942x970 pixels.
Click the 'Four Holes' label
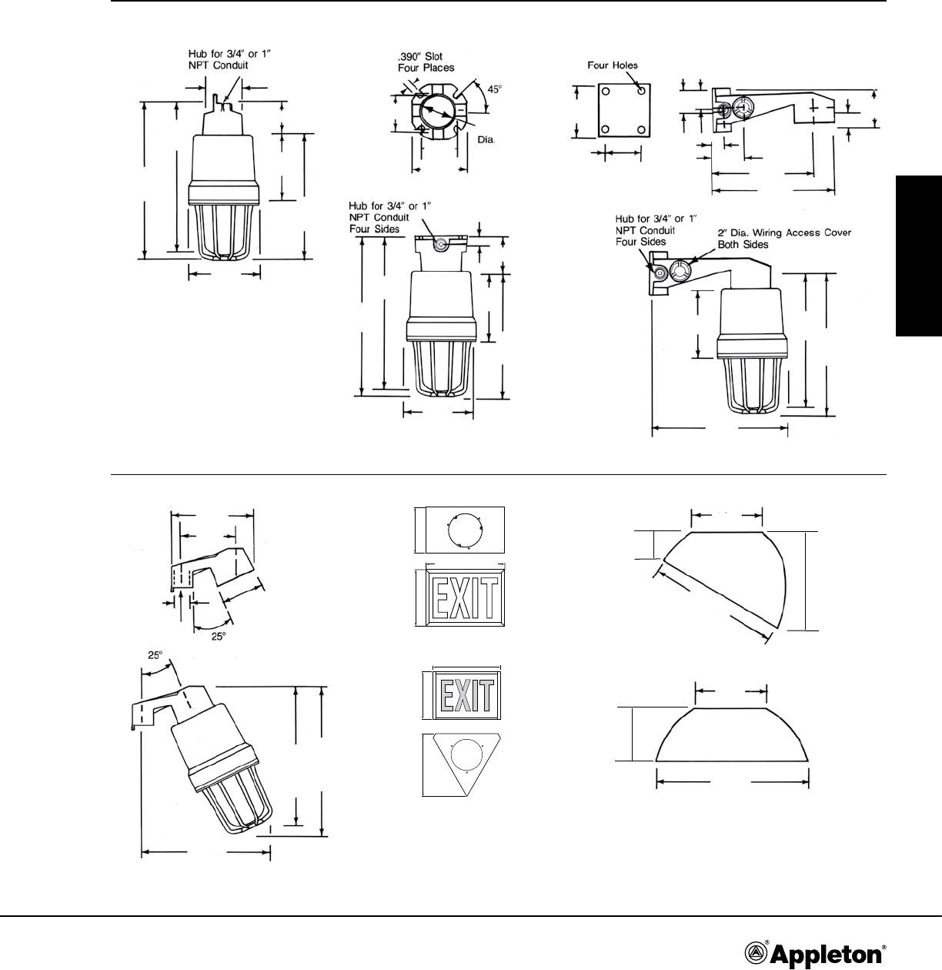tap(613, 65)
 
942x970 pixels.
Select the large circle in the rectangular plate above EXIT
tap(463, 530)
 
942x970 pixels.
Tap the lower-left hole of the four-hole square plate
tap(606, 129)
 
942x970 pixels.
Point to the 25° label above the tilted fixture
tap(155, 656)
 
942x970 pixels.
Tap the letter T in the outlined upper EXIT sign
tap(490, 598)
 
